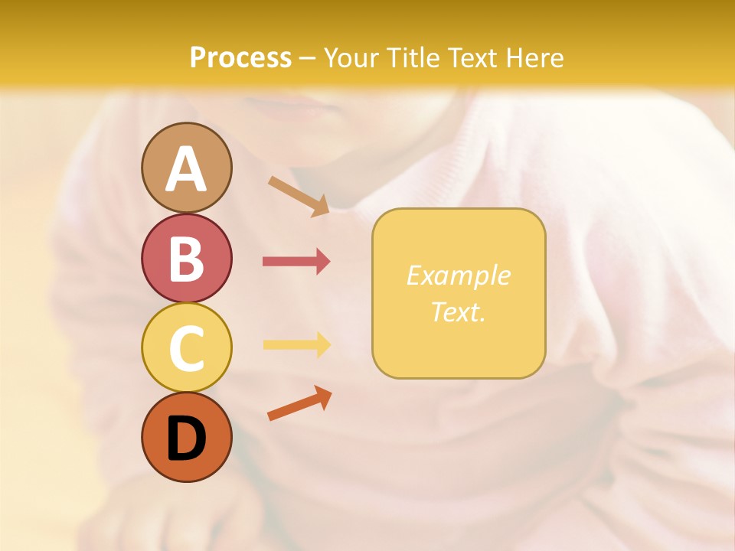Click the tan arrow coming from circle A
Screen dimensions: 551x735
(299, 196)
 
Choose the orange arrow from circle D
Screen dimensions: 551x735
(299, 403)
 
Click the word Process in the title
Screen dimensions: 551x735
(240, 58)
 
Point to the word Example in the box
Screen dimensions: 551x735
(458, 275)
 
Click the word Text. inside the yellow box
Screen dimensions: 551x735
(458, 311)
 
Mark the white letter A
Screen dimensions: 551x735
(186, 170)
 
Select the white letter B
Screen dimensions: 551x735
(186, 259)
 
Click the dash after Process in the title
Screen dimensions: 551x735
(308, 59)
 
